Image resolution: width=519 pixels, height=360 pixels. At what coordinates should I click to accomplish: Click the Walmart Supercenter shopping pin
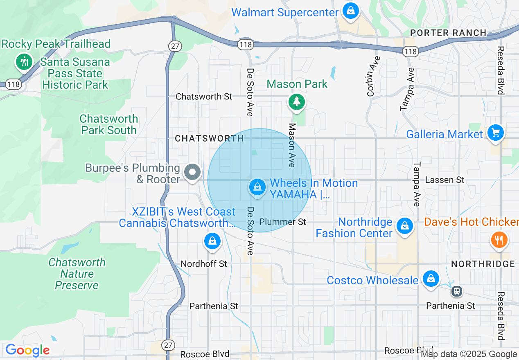351,11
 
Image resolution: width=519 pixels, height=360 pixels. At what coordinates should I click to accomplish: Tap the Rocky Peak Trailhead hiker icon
24,62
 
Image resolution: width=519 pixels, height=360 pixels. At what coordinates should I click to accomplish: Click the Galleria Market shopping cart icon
496,133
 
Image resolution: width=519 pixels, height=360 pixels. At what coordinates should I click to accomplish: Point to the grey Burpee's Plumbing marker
192,172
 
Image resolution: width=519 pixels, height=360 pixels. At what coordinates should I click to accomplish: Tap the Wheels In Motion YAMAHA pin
257,187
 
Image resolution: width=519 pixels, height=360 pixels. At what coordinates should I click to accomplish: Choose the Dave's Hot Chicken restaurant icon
498,240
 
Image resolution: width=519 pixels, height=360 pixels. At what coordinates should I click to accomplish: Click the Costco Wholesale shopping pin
431,279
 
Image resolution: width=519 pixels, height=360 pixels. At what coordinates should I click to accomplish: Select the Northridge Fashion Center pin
404,225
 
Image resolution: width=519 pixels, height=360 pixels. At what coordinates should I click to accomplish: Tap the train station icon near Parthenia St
457,291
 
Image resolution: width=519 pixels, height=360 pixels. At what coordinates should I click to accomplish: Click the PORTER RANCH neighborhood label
448,33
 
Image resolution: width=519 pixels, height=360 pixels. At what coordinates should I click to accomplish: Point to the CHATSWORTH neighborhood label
210,138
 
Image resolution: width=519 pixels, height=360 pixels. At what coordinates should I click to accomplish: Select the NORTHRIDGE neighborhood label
483,264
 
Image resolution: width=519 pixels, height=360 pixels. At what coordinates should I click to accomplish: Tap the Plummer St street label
283,222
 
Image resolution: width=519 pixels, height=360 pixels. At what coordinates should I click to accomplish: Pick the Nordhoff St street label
204,264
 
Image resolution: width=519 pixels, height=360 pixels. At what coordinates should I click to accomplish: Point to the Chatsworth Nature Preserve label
77,274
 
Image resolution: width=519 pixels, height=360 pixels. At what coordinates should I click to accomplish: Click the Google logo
27,350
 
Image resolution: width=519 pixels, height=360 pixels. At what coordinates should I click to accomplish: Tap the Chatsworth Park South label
109,124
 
